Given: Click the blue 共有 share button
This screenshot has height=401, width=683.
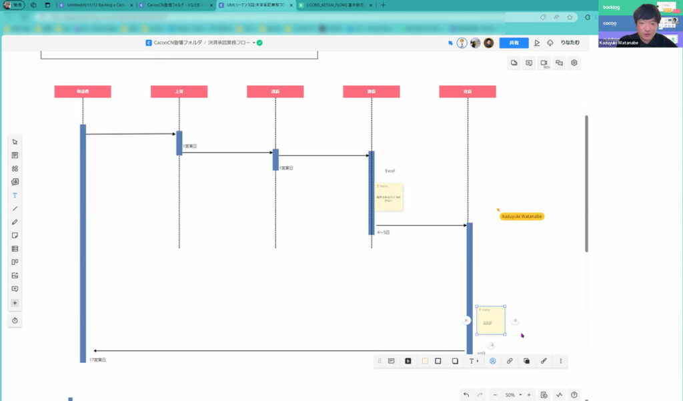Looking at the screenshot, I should (x=514, y=43).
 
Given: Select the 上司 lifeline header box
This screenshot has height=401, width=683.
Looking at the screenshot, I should (x=179, y=91).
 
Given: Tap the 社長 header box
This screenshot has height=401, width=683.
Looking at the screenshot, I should (x=467, y=91).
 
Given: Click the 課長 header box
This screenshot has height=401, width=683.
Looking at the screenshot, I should (x=275, y=91).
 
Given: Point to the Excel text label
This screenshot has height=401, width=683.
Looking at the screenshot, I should (x=390, y=171).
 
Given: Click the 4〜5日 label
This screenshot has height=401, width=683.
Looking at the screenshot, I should (x=384, y=233).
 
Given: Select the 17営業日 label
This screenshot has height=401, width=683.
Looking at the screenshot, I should (x=98, y=360).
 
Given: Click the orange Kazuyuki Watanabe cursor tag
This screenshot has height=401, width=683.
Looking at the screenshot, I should (x=522, y=216).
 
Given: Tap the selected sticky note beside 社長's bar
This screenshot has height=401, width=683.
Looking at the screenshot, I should (x=490, y=320).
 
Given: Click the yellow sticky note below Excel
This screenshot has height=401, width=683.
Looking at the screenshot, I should (x=389, y=197).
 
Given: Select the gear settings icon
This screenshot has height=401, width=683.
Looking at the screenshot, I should (x=574, y=63).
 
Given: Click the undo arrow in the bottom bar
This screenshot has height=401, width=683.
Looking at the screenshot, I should (x=466, y=395).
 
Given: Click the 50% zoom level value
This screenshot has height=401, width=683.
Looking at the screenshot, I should (x=510, y=395).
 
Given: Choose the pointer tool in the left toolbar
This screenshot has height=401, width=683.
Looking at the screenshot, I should (x=15, y=141).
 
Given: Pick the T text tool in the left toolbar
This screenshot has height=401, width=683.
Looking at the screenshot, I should (x=15, y=195).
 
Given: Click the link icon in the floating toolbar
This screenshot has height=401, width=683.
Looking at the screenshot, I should (x=510, y=361).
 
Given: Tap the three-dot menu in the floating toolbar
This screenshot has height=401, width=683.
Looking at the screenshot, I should (x=560, y=361).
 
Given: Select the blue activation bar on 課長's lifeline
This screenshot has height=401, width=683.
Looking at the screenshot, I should (x=275, y=159).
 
